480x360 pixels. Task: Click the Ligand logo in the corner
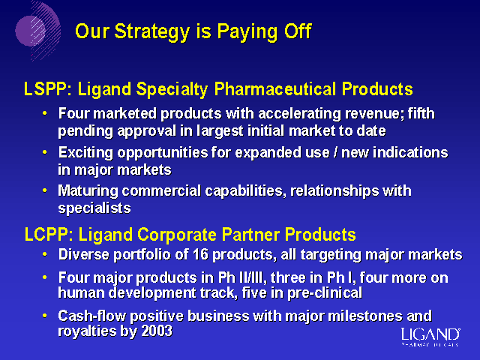coord(430,337)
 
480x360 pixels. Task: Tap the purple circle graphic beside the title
coord(31,31)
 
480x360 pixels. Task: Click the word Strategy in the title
coord(152,31)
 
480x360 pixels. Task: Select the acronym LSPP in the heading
coord(46,89)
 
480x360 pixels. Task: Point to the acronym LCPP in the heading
coord(46,235)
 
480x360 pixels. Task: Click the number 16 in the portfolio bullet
coord(200,255)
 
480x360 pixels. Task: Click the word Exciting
coord(85,153)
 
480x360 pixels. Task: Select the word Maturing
coord(88,191)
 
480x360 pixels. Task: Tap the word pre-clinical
coord(325,293)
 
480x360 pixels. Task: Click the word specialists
coord(94,208)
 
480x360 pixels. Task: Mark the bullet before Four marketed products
coord(45,113)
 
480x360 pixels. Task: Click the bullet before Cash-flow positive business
coord(45,316)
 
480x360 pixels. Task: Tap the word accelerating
coord(300,114)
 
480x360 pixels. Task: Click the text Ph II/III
coord(240,277)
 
